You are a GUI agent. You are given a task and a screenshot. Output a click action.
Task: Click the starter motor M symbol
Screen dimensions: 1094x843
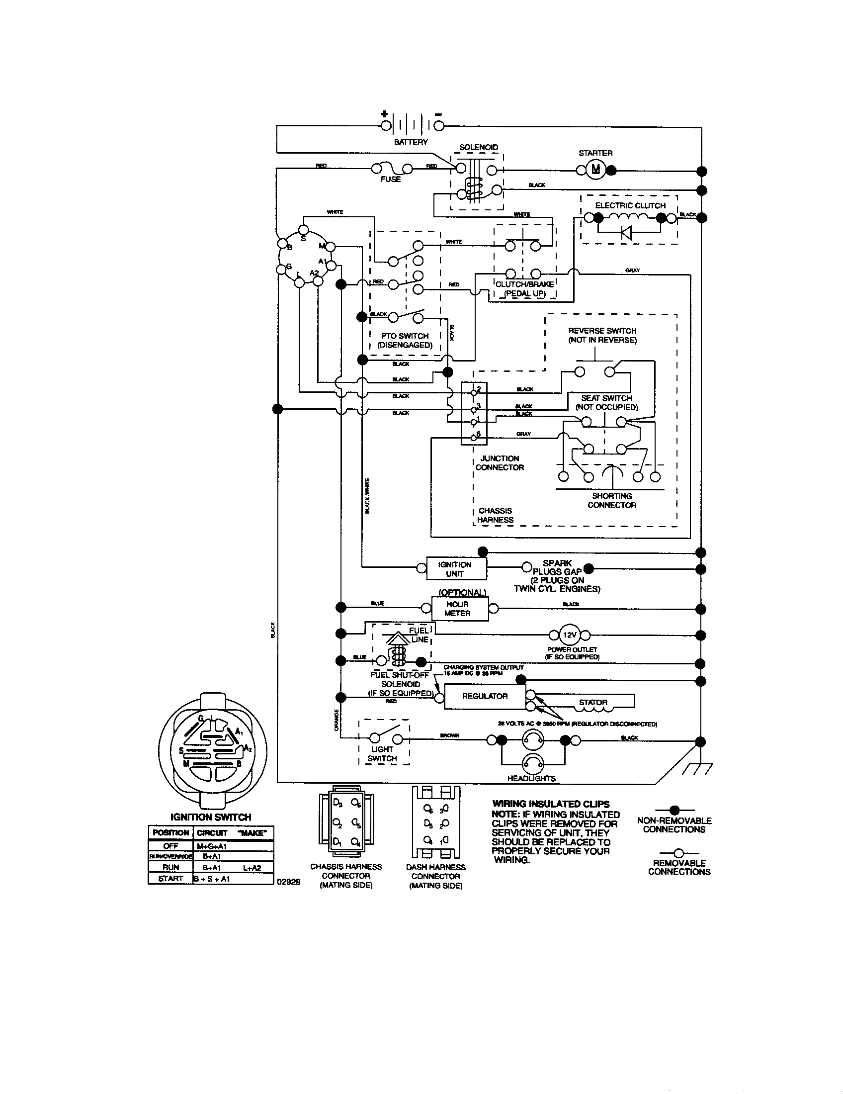coord(595,170)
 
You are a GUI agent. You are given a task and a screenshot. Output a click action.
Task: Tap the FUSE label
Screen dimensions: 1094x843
coord(391,180)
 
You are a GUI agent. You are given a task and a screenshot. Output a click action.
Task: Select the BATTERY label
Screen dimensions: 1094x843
coord(411,142)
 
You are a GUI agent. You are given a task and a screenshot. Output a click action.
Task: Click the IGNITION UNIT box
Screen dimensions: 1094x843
coord(455,569)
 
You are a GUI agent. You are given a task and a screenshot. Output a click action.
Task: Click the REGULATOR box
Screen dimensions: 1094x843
coord(485,696)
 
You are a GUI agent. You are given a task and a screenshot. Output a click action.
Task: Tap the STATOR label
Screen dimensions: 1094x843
coord(593,702)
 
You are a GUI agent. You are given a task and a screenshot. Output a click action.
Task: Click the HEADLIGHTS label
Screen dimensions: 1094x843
coord(531,778)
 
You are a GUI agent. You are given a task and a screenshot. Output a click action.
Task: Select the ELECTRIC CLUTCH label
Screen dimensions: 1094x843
coord(630,205)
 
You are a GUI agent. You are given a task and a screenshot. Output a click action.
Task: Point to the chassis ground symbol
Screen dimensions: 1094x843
coord(699,769)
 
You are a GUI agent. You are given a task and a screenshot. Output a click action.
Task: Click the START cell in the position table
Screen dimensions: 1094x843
coord(170,879)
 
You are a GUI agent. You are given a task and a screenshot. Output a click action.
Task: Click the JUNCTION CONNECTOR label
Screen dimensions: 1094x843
coord(499,463)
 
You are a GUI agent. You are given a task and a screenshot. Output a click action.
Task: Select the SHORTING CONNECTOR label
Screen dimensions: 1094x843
coord(612,500)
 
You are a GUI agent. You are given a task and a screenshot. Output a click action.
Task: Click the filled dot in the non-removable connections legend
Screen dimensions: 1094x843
coord(674,810)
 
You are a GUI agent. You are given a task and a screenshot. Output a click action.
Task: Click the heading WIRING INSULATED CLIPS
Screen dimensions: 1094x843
coord(551,804)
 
